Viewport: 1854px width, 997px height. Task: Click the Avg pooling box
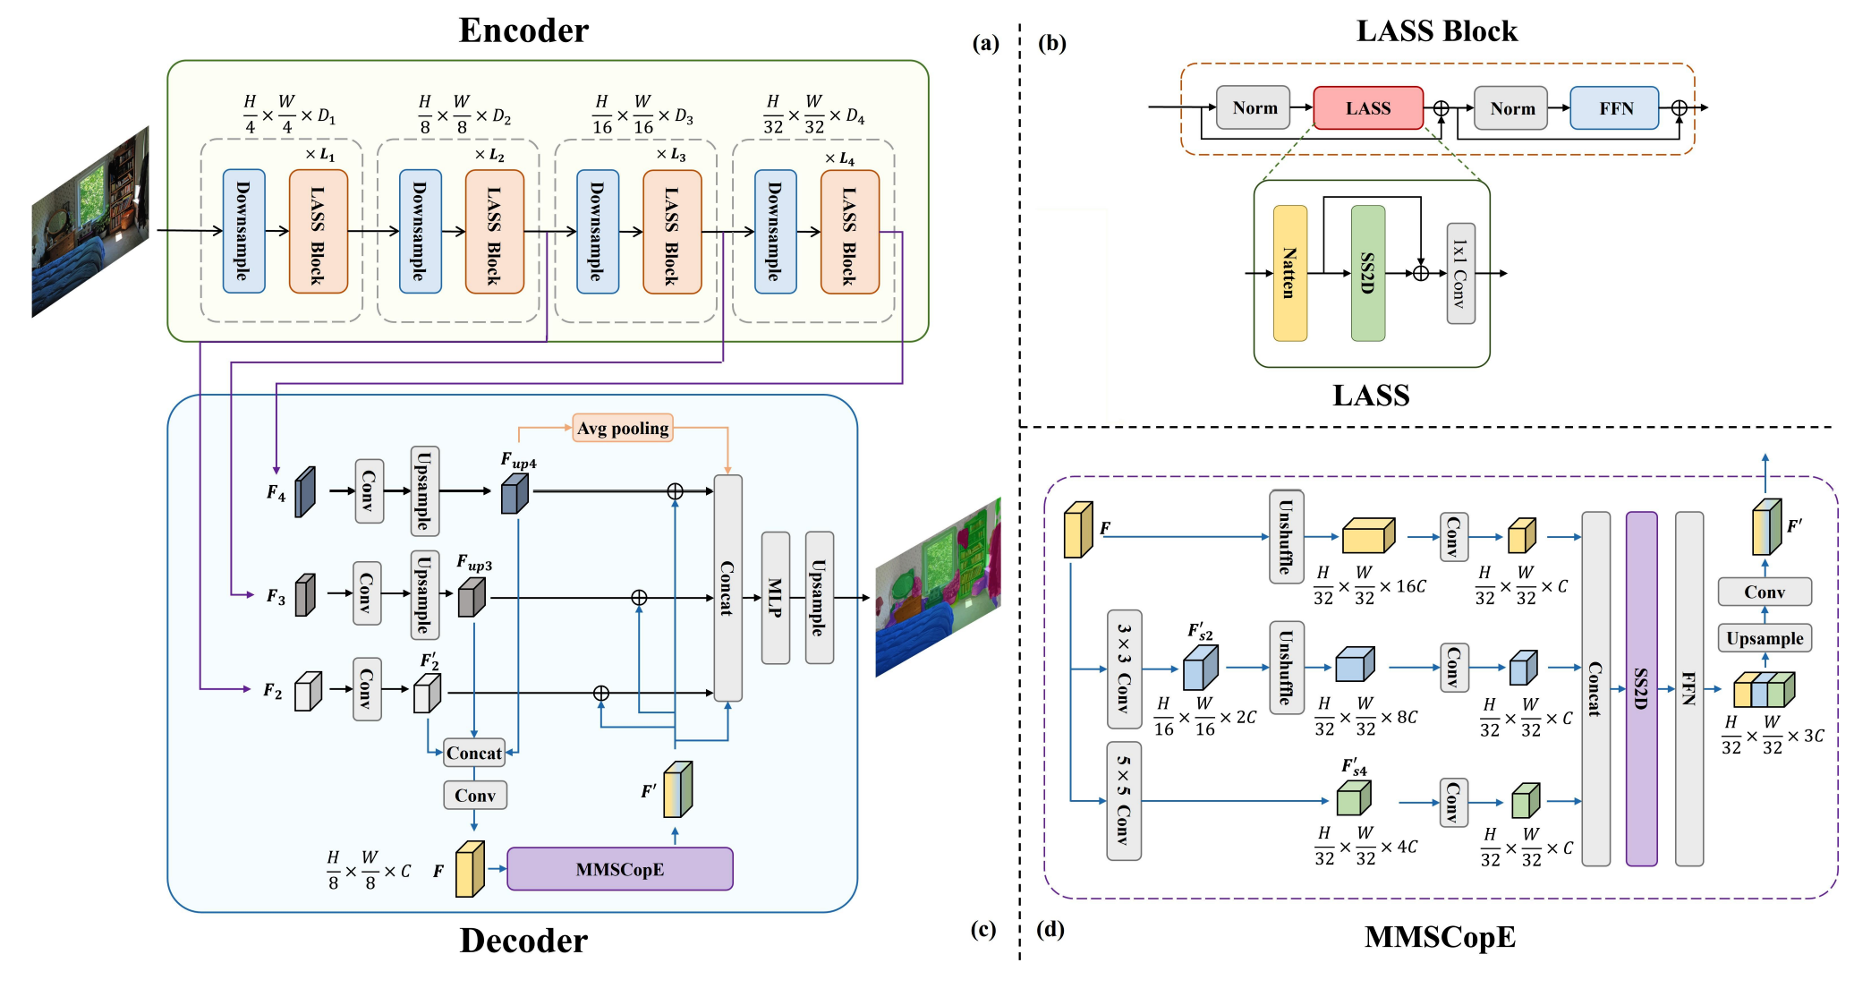623,429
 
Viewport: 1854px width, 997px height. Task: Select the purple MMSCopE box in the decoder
619,869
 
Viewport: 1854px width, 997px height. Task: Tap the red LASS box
1367,108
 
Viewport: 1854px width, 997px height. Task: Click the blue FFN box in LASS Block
1615,108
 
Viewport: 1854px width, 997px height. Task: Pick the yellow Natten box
1289,273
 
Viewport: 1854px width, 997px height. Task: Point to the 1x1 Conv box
1460,273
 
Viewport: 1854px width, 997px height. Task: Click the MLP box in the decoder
775,598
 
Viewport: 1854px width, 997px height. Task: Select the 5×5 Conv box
1124,800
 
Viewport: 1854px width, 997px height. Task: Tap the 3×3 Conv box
1124,669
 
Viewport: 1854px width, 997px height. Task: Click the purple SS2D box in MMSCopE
1641,688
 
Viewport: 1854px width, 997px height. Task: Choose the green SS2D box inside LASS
1367,273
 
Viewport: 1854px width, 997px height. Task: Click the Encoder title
523,30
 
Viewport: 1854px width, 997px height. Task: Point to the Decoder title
523,941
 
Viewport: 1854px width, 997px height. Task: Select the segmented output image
937,587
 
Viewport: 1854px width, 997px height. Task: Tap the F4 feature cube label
276,493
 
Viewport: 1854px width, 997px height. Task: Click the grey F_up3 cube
472,597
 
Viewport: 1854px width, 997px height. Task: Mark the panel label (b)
1051,43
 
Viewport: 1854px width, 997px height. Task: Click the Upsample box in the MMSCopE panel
1765,638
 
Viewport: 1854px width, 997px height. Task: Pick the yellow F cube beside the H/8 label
470,869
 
